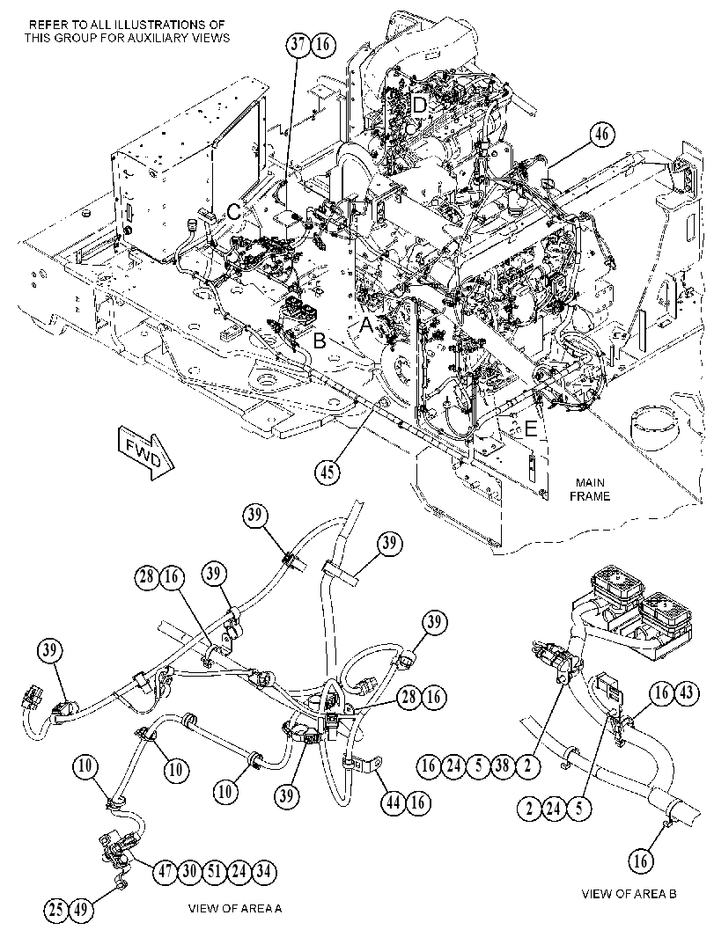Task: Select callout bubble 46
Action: (602, 135)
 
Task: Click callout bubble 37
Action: (298, 45)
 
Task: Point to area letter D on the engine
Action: (420, 106)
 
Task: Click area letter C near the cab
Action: (235, 212)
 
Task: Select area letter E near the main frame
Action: (530, 428)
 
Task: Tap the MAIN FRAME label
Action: (589, 488)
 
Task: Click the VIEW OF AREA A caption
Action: (235, 908)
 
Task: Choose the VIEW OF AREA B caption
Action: (629, 894)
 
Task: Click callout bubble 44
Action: (394, 802)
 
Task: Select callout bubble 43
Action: (686, 692)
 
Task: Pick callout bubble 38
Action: (502, 765)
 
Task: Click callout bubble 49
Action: (82, 909)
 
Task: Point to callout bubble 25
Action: (57, 909)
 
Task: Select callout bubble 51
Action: (214, 871)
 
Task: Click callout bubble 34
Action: (264, 871)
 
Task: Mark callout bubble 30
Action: (189, 871)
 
